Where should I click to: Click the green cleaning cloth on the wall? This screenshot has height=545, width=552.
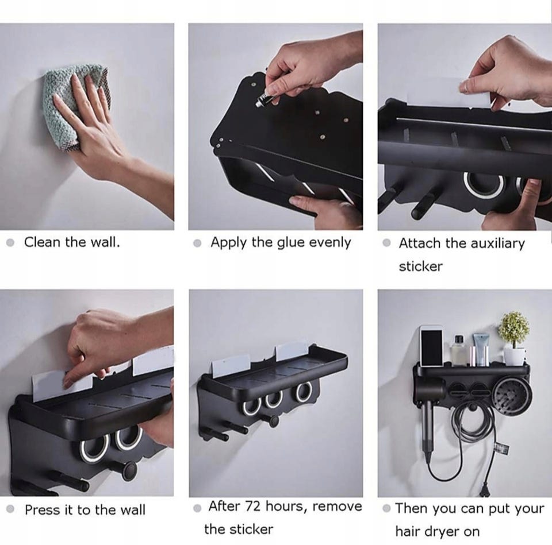click(70, 106)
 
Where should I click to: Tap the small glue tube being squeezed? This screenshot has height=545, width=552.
click(264, 98)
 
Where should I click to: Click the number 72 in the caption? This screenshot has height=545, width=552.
click(252, 507)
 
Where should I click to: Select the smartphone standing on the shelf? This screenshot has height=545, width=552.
click(432, 346)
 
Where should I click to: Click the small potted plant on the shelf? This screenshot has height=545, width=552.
click(514, 338)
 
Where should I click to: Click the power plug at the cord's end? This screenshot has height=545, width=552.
click(486, 488)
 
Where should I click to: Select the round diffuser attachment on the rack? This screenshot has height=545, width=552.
click(512, 396)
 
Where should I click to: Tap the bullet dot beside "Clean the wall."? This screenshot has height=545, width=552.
click(10, 242)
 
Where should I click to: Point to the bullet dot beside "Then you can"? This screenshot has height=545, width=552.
click(386, 508)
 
